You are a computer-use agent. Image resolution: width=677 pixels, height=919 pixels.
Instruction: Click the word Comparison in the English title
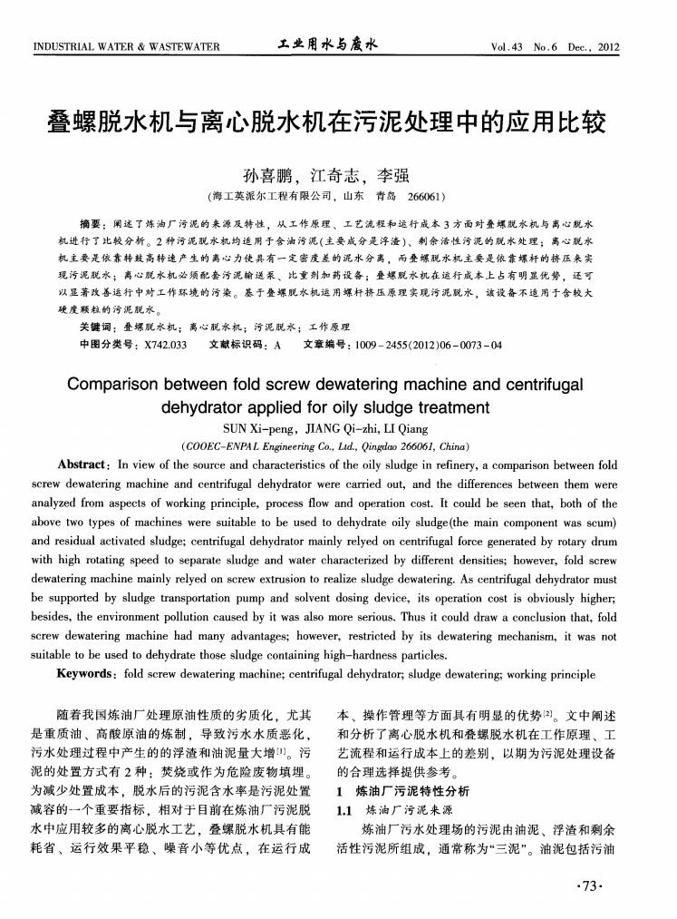pyautogui.click(x=121, y=384)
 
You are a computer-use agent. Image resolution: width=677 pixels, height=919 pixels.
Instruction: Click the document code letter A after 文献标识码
pyautogui.click(x=277, y=344)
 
